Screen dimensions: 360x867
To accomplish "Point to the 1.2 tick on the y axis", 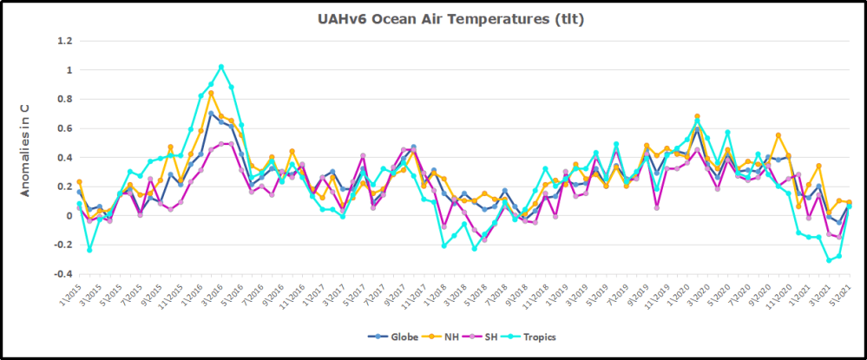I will pyautogui.click(x=64, y=40).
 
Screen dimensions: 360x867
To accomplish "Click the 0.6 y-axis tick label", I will pyautogui.click(x=64, y=128).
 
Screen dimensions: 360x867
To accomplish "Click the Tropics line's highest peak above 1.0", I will pyautogui.click(x=220, y=67).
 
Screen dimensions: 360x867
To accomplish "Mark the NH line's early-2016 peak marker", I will pyautogui.click(x=211, y=93).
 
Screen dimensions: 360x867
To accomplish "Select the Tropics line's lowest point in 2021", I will pyautogui.click(x=829, y=260).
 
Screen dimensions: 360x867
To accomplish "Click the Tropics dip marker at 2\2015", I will pyautogui.click(x=89, y=250).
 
